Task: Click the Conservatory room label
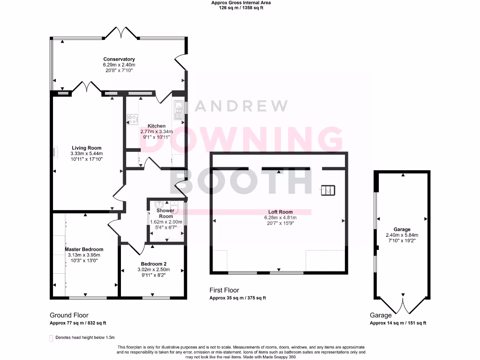tap(119, 59)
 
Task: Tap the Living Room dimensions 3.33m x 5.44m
tap(86, 153)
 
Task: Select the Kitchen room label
tap(157, 126)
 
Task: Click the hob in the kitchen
tap(132, 120)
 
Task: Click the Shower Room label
tap(165, 213)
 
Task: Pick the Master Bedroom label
tap(84, 249)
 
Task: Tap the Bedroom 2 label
tap(152, 264)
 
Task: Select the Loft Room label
tap(280, 211)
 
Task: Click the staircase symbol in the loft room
tap(328, 190)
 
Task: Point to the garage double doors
tap(402, 306)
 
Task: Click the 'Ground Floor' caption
tap(69, 315)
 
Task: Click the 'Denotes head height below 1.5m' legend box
tap(51, 337)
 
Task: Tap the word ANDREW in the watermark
tap(241, 106)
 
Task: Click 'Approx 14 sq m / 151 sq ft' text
tap(398, 323)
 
